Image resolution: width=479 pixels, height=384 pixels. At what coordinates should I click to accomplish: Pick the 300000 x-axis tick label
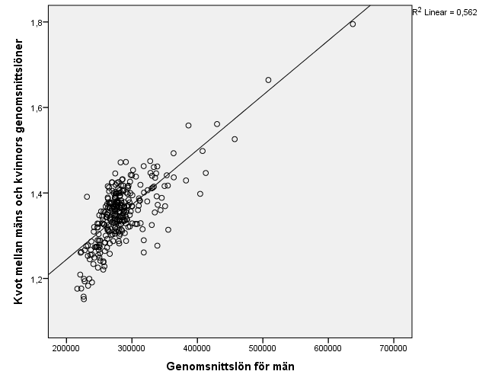tap(132, 350)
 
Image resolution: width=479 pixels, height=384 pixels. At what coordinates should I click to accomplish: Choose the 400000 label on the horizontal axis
tap(197, 350)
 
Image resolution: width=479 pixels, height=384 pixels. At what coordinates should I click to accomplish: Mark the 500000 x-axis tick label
tap(263, 350)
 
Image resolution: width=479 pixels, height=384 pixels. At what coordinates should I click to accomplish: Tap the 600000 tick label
tap(328, 350)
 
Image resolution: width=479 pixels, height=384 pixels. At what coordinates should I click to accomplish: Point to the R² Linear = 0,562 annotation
tap(444, 11)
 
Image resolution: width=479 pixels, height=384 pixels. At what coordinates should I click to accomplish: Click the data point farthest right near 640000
tap(353, 24)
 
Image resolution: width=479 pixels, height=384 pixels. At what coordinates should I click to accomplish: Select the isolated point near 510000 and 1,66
tap(268, 80)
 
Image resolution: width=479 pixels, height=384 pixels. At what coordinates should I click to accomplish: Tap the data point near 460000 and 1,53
tap(235, 139)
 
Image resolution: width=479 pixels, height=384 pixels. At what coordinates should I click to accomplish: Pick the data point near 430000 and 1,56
tap(217, 124)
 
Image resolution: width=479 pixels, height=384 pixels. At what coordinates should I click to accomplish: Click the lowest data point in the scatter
tap(84, 299)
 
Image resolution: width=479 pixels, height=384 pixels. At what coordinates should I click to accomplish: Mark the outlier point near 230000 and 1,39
tap(87, 197)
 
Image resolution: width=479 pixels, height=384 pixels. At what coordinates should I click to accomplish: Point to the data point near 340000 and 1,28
tap(158, 245)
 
